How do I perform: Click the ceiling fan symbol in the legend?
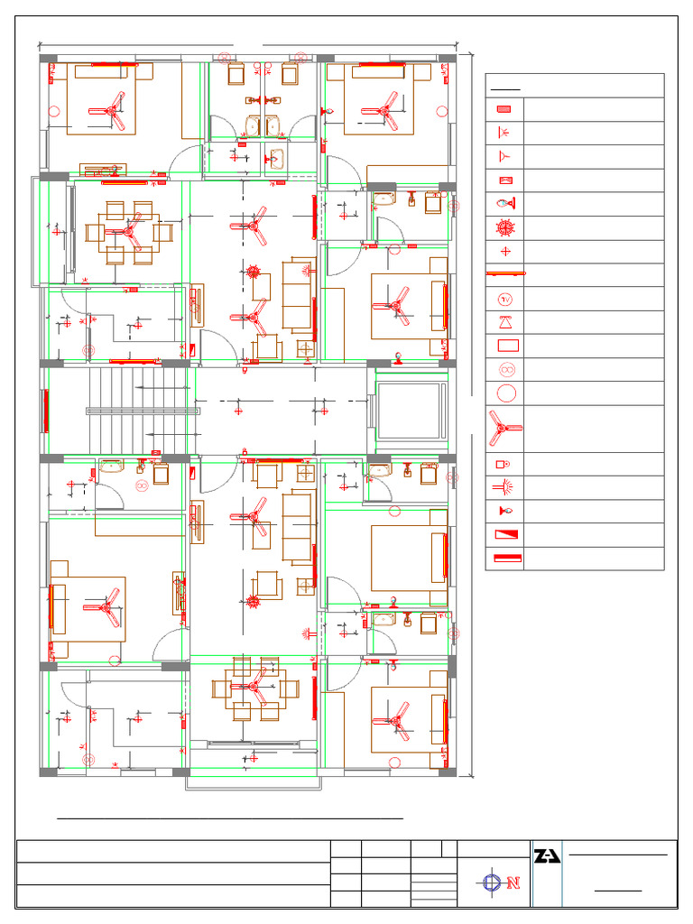click(x=504, y=429)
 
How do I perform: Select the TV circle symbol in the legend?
click(x=505, y=299)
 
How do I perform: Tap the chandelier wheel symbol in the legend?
click(x=505, y=227)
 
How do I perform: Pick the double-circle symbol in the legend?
click(x=505, y=369)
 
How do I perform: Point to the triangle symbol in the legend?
click(x=505, y=322)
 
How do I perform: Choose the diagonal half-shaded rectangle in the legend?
click(x=504, y=534)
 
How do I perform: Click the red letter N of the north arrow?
click(x=514, y=882)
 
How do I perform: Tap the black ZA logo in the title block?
click(x=547, y=855)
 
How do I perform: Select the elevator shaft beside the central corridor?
click(x=411, y=410)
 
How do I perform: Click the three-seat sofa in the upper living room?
click(x=299, y=293)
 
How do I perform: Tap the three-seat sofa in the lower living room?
click(x=297, y=529)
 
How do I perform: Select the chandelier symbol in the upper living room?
click(x=254, y=271)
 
